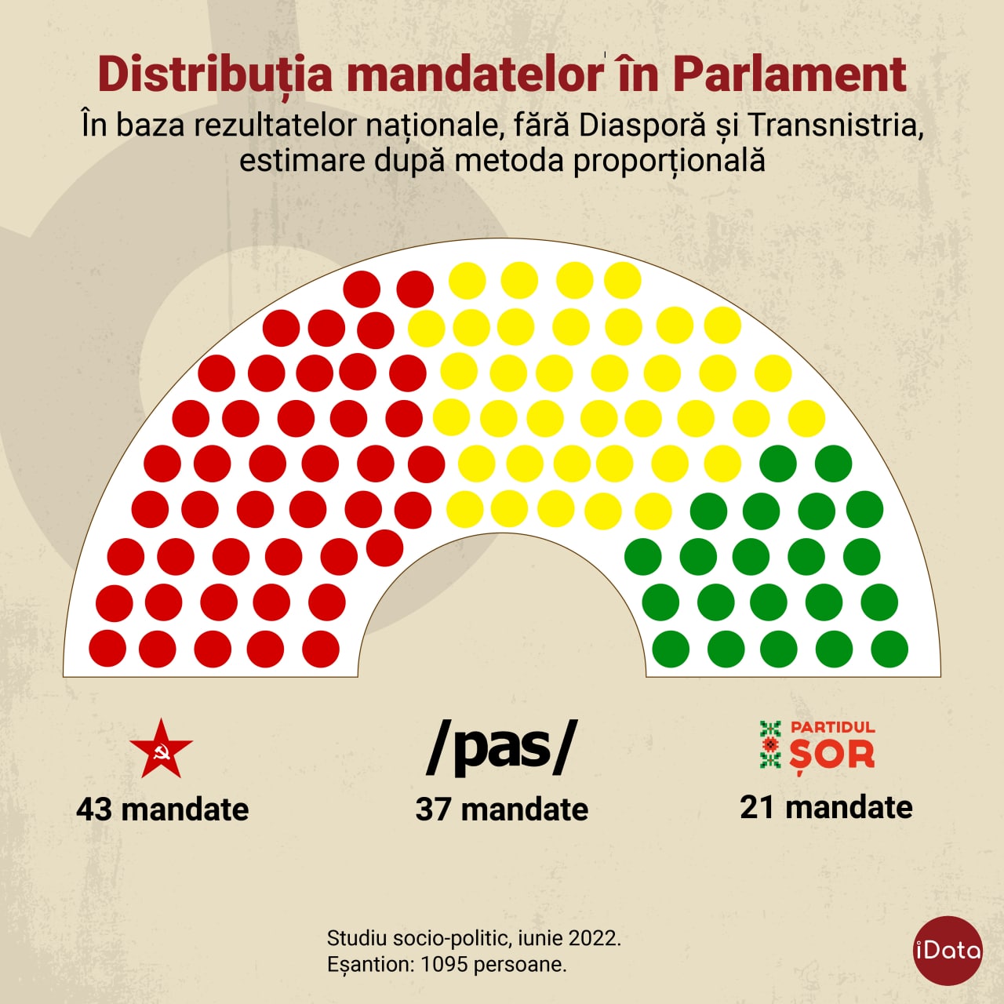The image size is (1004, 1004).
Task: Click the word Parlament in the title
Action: click(789, 75)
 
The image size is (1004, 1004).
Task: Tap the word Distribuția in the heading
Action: click(216, 75)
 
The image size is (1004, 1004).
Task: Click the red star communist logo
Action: click(161, 749)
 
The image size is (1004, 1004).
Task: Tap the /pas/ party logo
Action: click(501, 748)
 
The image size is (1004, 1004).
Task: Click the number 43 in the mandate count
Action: click(94, 809)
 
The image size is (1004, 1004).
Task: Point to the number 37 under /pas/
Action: click(434, 809)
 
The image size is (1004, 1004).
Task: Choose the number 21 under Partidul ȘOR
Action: click(758, 807)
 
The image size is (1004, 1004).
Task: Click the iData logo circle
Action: click(948, 951)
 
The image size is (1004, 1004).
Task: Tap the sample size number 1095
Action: click(444, 964)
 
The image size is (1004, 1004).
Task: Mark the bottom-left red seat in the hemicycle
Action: click(107, 649)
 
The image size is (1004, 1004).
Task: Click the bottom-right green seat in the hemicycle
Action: click(889, 649)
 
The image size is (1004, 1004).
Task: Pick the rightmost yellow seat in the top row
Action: click(623, 280)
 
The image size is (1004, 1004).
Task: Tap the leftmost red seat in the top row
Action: click(362, 289)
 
